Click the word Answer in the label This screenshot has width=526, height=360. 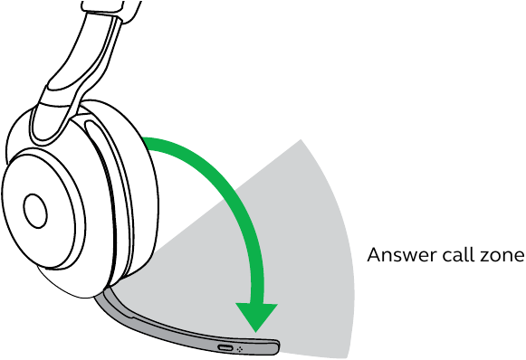click(x=397, y=256)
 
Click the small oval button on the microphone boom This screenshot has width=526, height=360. click(x=224, y=347)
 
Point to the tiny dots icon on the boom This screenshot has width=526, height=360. click(x=241, y=348)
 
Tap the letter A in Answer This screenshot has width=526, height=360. click(x=373, y=256)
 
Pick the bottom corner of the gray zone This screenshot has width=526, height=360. click(x=347, y=353)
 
